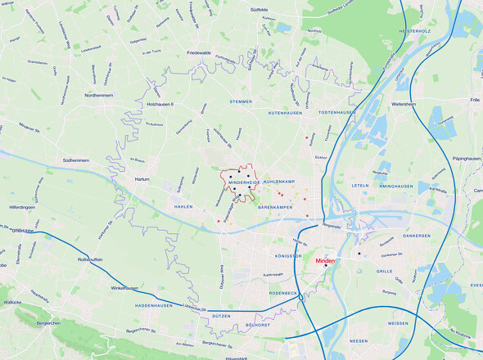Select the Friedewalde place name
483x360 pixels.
pyautogui.click(x=198, y=52)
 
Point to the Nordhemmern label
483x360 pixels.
pyautogui.click(x=97, y=95)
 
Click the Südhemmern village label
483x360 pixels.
pyautogui.click(x=70, y=160)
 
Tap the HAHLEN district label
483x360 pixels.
pyautogui.click(x=183, y=207)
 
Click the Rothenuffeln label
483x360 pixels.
pyautogui.click(x=88, y=259)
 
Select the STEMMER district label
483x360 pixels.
pyautogui.click(x=241, y=101)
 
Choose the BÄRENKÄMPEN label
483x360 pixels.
pyautogui.click(x=275, y=208)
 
